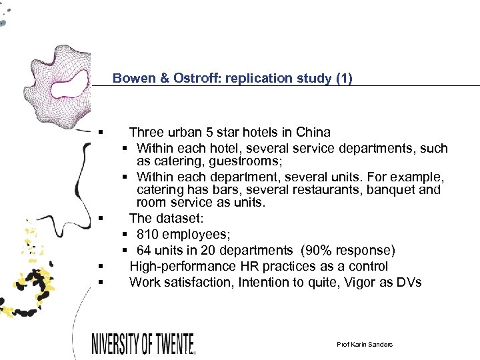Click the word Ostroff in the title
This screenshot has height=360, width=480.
[198, 78]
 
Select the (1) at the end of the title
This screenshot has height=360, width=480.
[345, 78]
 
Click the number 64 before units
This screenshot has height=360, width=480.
[143, 250]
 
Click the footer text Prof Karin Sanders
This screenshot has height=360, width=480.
[365, 344]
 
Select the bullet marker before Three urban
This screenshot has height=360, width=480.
[99, 133]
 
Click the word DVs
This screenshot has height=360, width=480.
[408, 282]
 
